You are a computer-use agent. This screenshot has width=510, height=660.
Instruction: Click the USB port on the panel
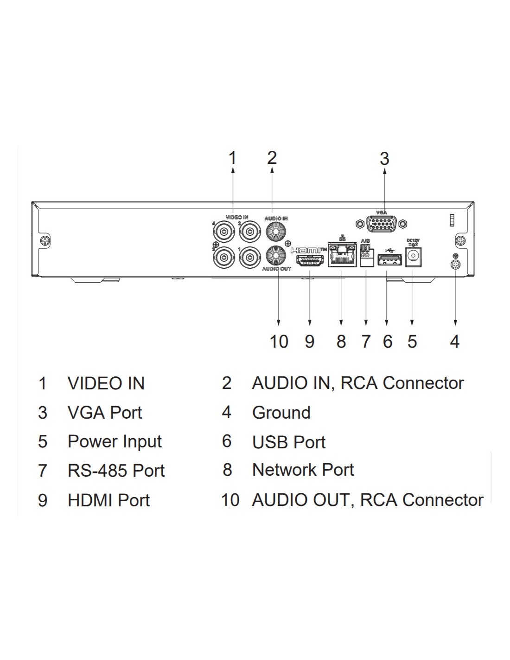click(388, 260)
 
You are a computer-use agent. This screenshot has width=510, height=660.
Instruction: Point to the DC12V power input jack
click(413, 257)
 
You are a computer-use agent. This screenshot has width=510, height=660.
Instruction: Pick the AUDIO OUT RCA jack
click(275, 255)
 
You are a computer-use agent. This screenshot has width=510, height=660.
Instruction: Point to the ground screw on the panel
click(455, 265)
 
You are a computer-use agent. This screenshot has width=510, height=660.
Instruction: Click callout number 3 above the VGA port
click(384, 159)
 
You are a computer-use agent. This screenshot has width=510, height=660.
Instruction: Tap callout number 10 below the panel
click(279, 342)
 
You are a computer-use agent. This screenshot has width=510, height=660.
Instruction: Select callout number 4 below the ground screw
click(455, 342)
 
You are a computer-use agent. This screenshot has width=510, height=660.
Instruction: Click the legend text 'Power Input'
click(115, 441)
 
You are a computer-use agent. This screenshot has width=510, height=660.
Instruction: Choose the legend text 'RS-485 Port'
click(116, 471)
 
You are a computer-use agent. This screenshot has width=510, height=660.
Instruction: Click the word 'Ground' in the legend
click(281, 413)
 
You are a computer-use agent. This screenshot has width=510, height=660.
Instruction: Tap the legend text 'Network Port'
click(303, 470)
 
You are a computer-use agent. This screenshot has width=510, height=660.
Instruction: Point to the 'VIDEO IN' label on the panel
click(236, 217)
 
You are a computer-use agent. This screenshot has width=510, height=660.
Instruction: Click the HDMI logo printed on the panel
click(308, 250)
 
